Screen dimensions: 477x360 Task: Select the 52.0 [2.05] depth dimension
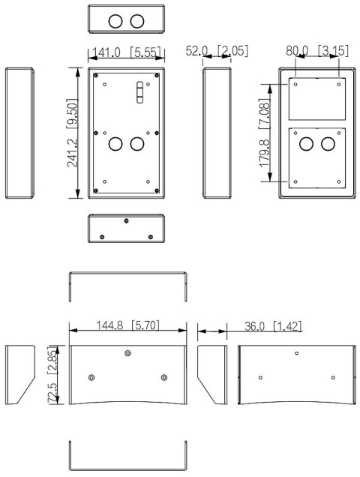click(x=217, y=51)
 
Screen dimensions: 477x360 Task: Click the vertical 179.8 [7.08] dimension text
click(x=265, y=142)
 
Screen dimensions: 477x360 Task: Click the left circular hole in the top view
click(x=115, y=21)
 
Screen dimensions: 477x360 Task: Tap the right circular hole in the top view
click(x=136, y=21)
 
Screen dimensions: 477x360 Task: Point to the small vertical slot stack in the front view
click(x=138, y=91)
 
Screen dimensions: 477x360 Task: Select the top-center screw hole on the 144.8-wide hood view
click(x=128, y=353)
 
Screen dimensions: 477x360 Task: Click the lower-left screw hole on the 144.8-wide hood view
click(x=91, y=376)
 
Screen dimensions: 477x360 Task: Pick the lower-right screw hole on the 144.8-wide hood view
click(x=164, y=376)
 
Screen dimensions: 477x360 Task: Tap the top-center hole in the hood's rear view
click(x=297, y=353)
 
